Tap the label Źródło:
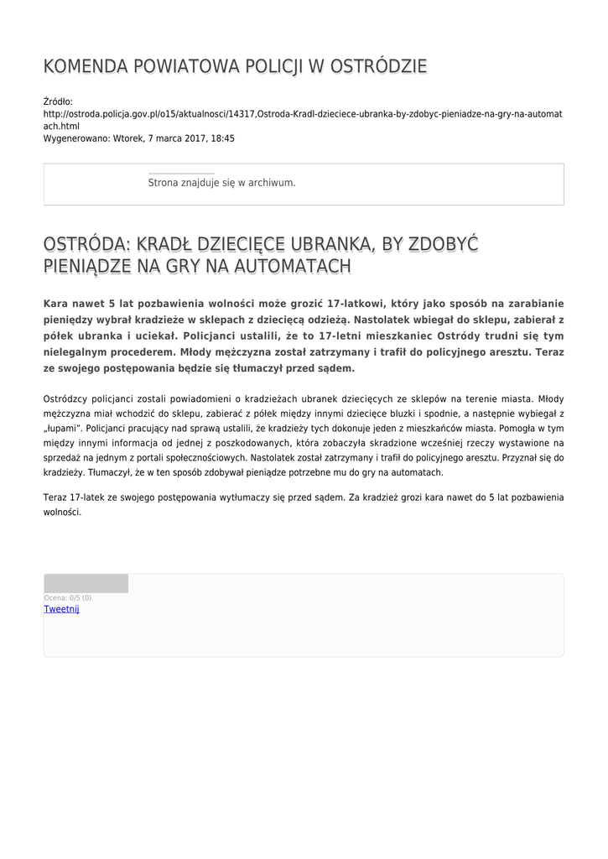point(59,102)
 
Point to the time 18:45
point(222,138)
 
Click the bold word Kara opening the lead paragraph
point(58,304)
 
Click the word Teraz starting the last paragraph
point(55,497)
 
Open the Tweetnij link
point(61,609)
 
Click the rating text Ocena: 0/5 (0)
point(68,598)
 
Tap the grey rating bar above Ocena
point(86,584)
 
